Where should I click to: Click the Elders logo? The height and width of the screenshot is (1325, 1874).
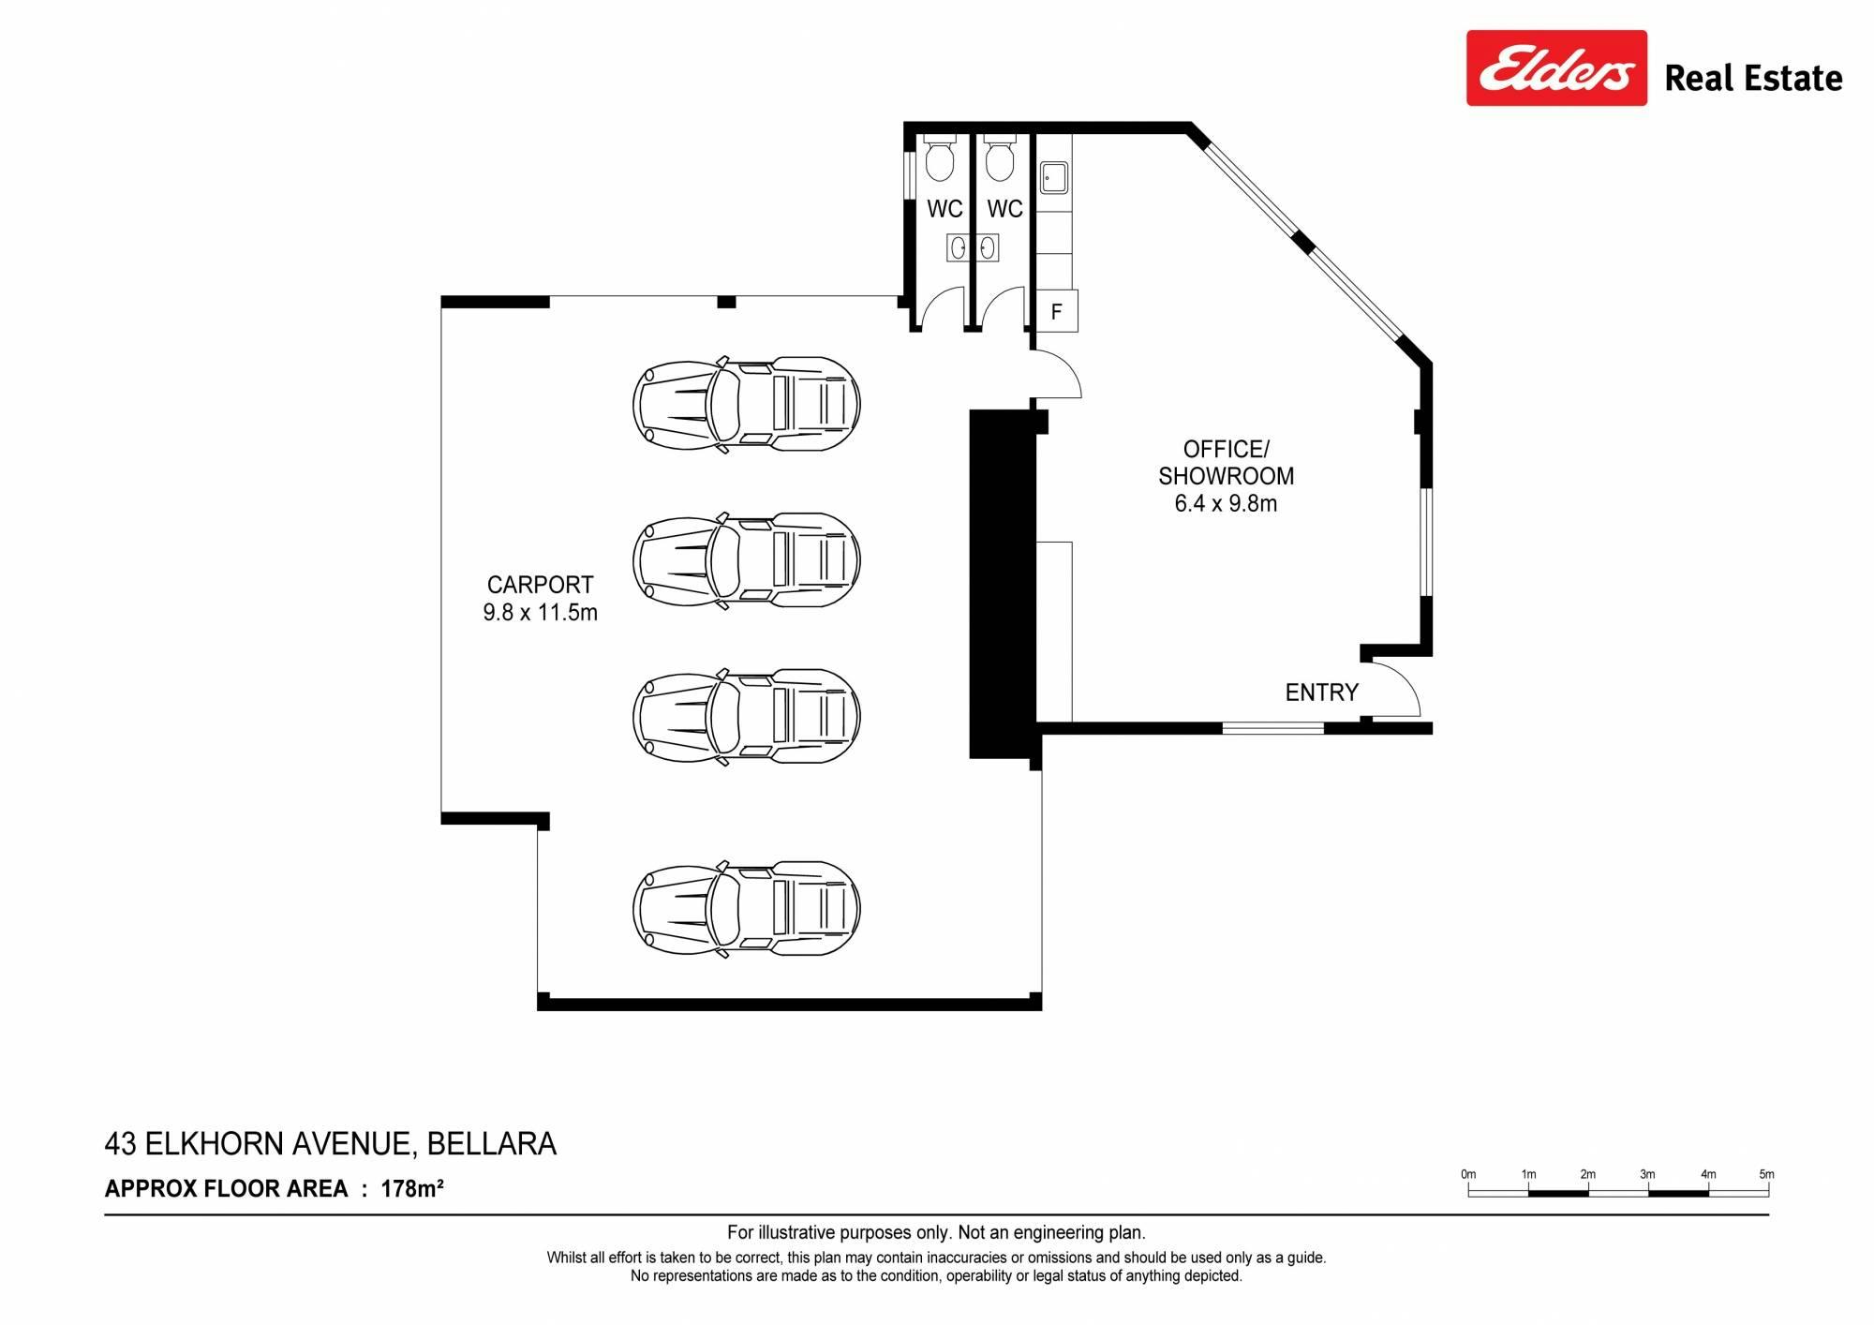[1556, 68]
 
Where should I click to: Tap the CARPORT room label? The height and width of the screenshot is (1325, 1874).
[540, 585]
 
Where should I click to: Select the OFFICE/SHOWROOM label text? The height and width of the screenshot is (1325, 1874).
[1226, 462]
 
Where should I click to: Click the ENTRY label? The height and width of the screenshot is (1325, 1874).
[1321, 692]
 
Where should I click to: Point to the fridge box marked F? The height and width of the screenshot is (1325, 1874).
[1056, 311]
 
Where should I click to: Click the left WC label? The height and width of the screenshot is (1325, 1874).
[944, 209]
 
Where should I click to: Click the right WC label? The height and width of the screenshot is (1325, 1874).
[1004, 209]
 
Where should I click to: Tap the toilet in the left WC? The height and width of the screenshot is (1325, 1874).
[939, 158]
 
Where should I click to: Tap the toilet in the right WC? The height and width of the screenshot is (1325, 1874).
[1000, 158]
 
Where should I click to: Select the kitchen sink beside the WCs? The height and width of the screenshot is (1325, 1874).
[1054, 177]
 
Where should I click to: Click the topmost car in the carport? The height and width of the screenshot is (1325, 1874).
[747, 405]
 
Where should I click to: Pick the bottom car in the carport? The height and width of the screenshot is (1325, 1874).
[747, 909]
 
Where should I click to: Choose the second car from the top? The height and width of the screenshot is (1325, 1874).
[747, 560]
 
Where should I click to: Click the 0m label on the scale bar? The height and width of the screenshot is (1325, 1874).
[1468, 1174]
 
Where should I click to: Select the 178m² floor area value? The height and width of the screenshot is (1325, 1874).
[411, 1189]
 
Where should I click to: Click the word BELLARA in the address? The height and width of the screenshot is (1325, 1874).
[492, 1144]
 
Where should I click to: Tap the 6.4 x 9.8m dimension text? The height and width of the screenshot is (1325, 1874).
[1226, 503]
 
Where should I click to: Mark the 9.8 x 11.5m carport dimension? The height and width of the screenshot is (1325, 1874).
[540, 613]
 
